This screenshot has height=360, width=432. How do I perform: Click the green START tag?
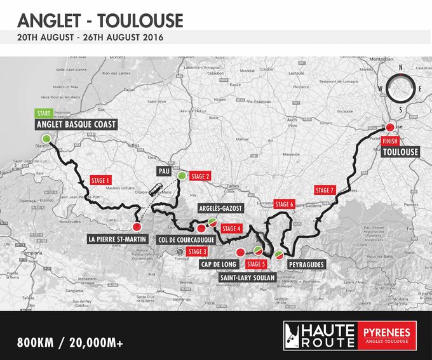[44, 114]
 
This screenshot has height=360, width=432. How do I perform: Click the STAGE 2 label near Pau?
[200, 177]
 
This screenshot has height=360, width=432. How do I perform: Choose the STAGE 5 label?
[255, 264]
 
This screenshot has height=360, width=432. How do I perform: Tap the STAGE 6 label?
[284, 204]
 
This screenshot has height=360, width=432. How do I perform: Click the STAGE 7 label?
[324, 190]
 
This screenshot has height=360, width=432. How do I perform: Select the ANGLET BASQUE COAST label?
[76, 124]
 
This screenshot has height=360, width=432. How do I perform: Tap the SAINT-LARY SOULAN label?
[246, 277]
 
